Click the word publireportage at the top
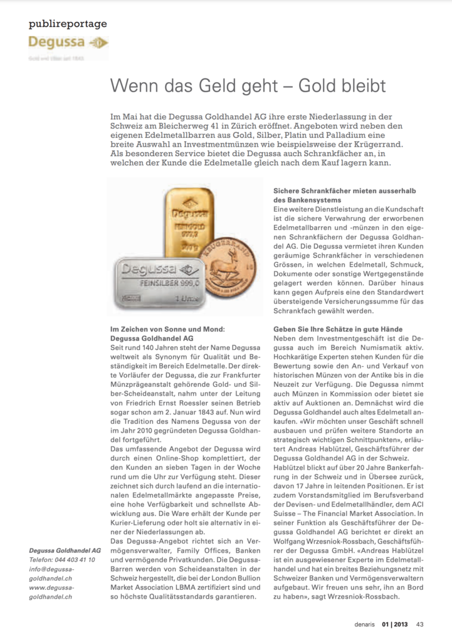tap(68, 24)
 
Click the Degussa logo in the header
tap(68, 43)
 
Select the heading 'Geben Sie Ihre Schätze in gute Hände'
tap(347, 329)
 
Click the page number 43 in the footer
tap(420, 624)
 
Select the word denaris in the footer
tap(364, 624)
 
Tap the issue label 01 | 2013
tap(396, 624)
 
